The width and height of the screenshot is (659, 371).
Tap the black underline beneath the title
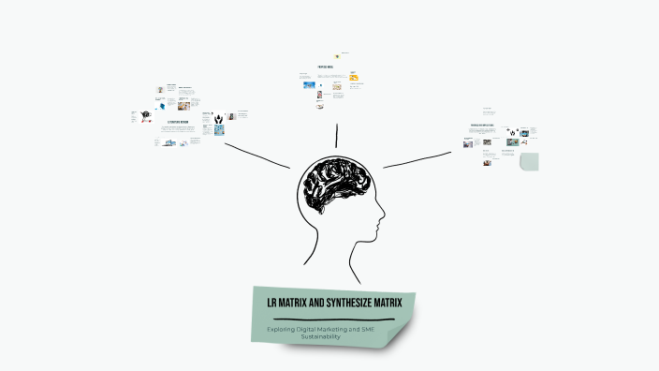click(x=333, y=319)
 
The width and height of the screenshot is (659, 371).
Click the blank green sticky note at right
click(x=530, y=161)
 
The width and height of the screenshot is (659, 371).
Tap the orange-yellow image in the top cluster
click(x=354, y=76)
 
